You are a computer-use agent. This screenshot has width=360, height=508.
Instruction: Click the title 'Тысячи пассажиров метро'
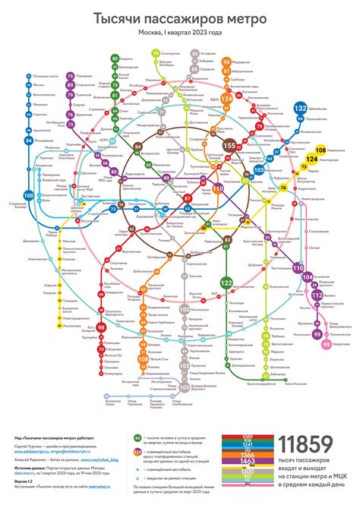coord(180,17)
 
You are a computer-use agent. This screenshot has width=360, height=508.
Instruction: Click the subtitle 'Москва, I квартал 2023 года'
coord(180,33)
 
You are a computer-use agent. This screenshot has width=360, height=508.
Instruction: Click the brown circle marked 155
coord(229,145)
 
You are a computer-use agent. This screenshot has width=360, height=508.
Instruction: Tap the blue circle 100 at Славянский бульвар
coord(29,196)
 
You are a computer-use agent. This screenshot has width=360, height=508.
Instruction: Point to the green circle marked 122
coord(226,282)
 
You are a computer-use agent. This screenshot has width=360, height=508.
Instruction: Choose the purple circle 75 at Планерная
coord(70,77)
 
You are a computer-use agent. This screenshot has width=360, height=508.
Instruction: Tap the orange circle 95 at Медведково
coord(226,61)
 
